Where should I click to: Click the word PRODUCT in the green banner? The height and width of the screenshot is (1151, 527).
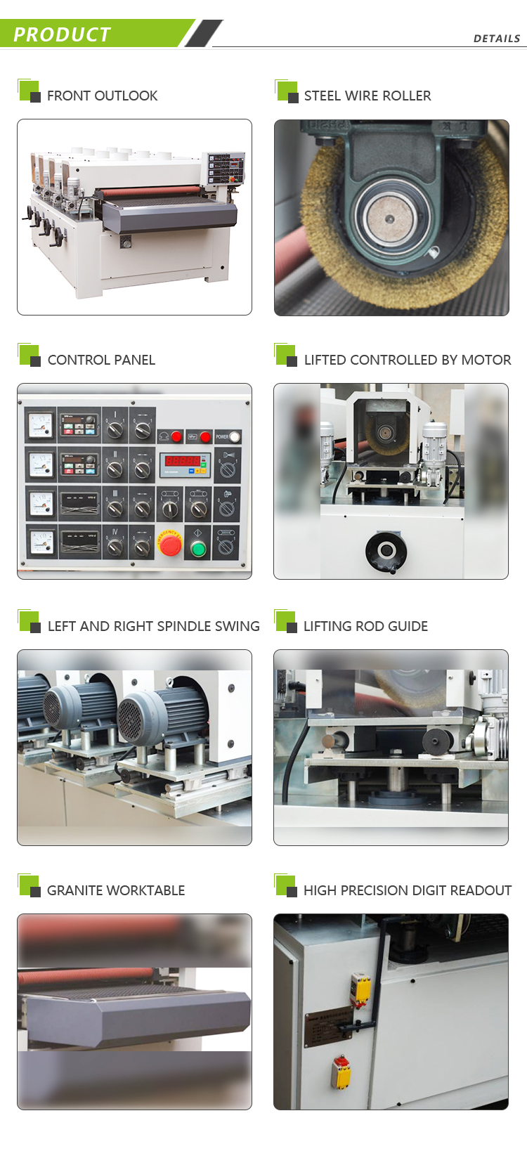point(62,34)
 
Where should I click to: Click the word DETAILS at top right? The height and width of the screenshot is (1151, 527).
point(496,39)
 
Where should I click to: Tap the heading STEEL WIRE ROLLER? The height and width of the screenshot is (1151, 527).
point(367,96)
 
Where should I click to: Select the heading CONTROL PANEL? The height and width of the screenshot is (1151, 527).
point(101,360)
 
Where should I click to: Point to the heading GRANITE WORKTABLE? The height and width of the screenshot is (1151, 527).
point(116,890)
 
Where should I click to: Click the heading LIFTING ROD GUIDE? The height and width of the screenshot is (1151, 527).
point(365,626)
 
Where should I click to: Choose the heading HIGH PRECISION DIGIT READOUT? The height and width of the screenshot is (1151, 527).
point(407,890)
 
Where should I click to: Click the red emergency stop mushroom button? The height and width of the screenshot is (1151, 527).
point(170,543)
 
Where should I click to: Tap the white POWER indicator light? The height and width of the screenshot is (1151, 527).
point(234,436)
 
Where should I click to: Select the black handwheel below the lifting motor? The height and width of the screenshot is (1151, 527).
point(386,551)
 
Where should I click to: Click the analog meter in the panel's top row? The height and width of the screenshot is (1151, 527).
point(40,425)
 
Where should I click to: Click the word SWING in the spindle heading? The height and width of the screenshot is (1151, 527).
point(236,626)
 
